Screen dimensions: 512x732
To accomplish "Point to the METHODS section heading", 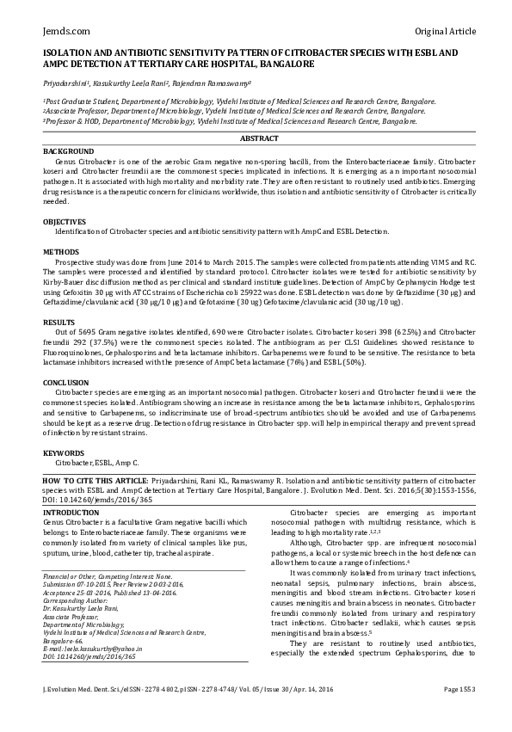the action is point(61,251).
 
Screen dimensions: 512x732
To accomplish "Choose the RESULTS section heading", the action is point(59,320).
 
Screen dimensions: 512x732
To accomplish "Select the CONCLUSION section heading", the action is point(66,381).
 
